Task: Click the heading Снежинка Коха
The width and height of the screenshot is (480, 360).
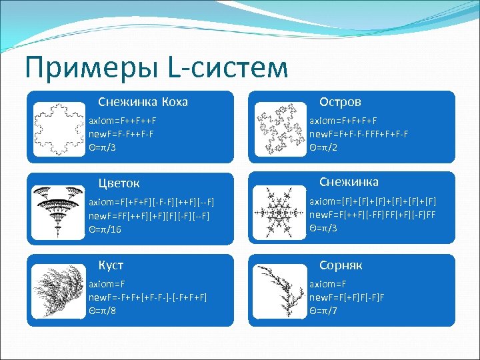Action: point(143,102)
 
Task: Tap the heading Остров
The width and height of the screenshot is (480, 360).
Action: point(340,102)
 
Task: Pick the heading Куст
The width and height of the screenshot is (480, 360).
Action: point(111,265)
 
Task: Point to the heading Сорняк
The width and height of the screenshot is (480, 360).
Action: point(341,265)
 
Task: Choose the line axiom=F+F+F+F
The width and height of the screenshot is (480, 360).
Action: point(343,121)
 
